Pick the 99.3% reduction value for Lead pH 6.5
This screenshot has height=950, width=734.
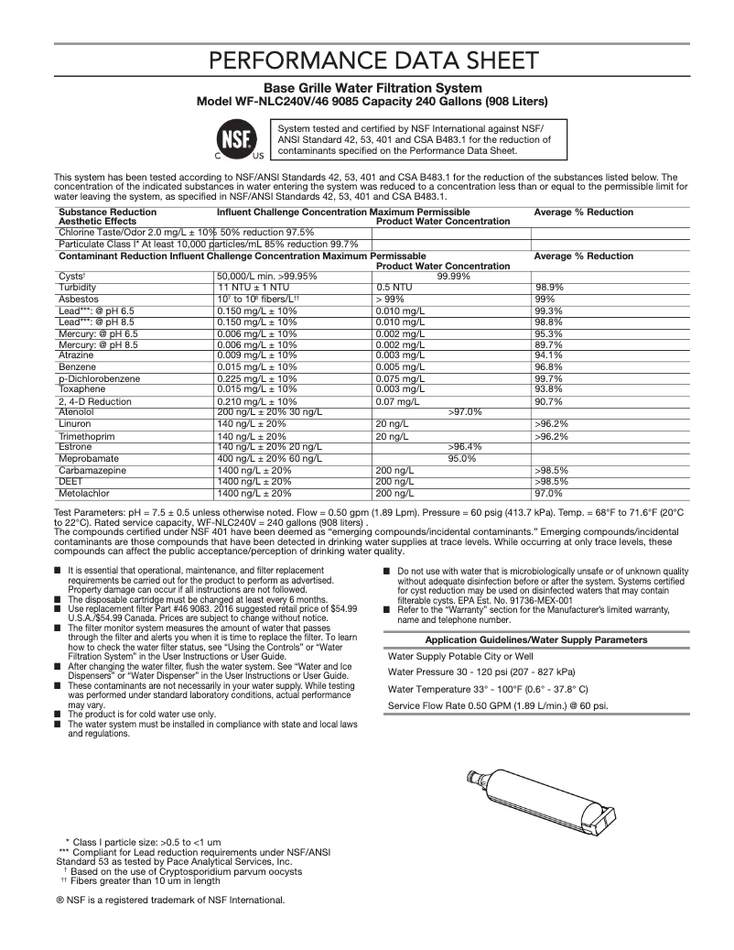(548, 311)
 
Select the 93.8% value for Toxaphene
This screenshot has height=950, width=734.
(548, 388)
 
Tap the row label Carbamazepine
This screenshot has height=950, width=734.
(92, 470)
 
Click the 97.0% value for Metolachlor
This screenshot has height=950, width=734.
(548, 492)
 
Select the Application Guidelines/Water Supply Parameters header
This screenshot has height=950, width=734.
(536, 639)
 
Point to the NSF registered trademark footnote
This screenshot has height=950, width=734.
(170, 899)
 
